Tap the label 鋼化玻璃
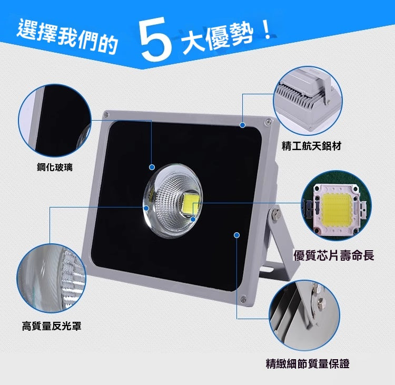click(55, 167)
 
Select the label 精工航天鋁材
click(311, 146)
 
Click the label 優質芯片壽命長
click(333, 255)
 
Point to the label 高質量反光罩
click(52, 326)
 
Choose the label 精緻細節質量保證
click(308, 363)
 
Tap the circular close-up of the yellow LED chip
click(337, 205)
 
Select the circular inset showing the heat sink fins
click(308, 101)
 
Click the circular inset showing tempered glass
click(54, 121)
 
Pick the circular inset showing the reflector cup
click(52, 278)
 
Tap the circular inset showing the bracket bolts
click(304, 315)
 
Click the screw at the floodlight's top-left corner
click(105, 115)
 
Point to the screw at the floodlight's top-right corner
click(268, 122)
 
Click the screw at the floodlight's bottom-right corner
click(243, 299)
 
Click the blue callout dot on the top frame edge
click(243, 125)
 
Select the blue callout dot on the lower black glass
click(236, 235)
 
